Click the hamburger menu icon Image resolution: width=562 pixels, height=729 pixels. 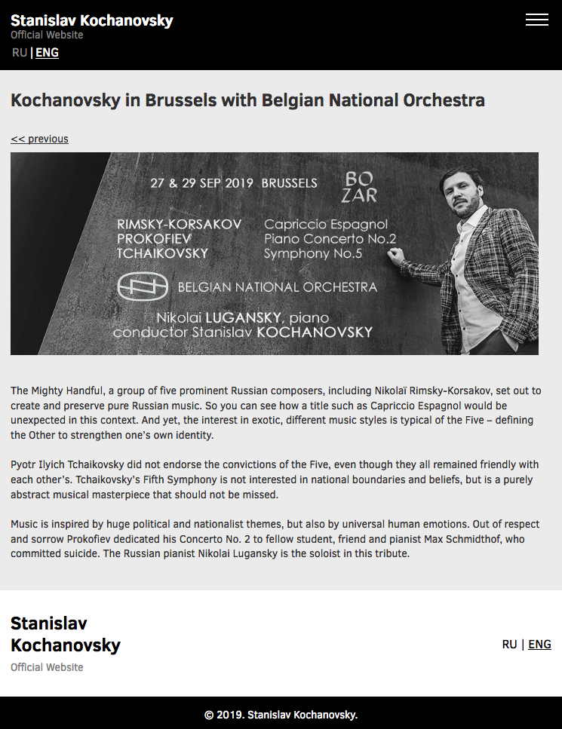537,20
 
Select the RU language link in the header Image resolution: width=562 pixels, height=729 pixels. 20,52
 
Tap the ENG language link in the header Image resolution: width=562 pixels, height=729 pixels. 47,52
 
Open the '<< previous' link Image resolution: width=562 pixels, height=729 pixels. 39,139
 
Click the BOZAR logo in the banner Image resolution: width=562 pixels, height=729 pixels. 360,187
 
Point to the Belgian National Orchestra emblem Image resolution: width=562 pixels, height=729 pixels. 142,286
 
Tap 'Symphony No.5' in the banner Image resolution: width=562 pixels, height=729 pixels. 313,253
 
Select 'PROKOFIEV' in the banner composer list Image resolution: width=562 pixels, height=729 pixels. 155,238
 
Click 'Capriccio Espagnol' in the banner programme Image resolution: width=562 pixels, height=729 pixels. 326,224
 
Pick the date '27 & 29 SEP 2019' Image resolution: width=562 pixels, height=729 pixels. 201,183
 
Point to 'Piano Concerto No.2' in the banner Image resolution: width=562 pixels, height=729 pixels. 330,238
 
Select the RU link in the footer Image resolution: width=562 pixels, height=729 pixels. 510,644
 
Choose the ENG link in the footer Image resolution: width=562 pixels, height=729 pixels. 539,644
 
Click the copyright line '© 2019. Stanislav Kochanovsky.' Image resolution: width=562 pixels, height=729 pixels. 281,715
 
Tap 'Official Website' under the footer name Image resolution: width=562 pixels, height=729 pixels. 47,667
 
